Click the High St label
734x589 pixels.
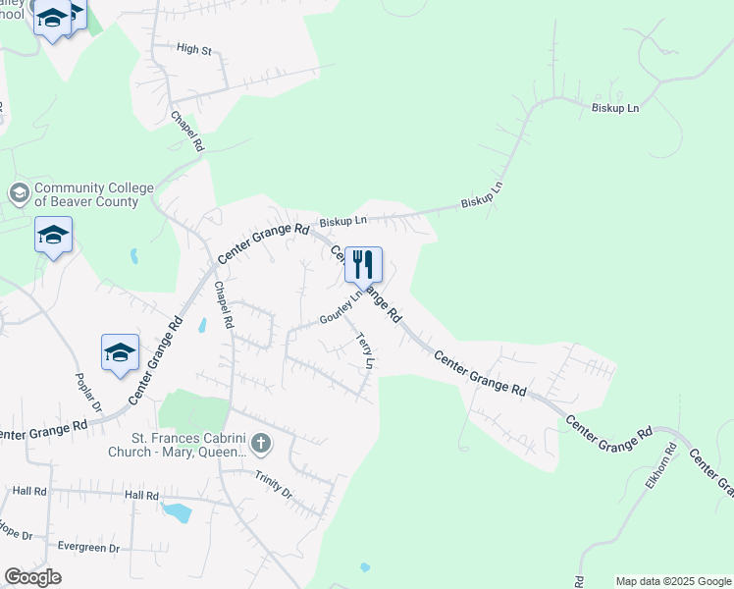pyautogui.click(x=194, y=48)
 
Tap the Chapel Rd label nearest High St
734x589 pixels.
pyautogui.click(x=186, y=130)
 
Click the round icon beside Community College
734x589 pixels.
pyautogui.click(x=18, y=193)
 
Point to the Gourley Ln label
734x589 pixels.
pyautogui.click(x=341, y=308)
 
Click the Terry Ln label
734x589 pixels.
pyautogui.click(x=365, y=350)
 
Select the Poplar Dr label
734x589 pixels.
pyautogui.click(x=82, y=392)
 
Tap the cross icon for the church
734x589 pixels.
pyautogui.click(x=261, y=445)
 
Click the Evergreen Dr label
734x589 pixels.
pyautogui.click(x=88, y=548)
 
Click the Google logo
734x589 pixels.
pyautogui.click(x=32, y=577)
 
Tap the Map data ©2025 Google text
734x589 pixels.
pyautogui.click(x=673, y=581)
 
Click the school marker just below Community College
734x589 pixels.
pyautogui.click(x=53, y=235)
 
